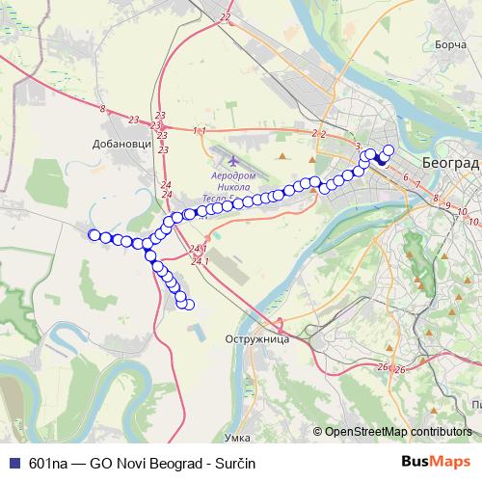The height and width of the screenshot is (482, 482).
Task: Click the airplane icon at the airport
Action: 232,160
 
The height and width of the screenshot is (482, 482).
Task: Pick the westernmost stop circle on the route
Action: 94,234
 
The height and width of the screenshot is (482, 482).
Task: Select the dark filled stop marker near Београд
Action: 381,161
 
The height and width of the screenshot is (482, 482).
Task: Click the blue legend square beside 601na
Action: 13,463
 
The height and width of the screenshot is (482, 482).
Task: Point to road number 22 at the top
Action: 226,17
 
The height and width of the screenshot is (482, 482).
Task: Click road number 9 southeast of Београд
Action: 437,198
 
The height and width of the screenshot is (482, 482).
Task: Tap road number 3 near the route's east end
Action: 358,146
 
